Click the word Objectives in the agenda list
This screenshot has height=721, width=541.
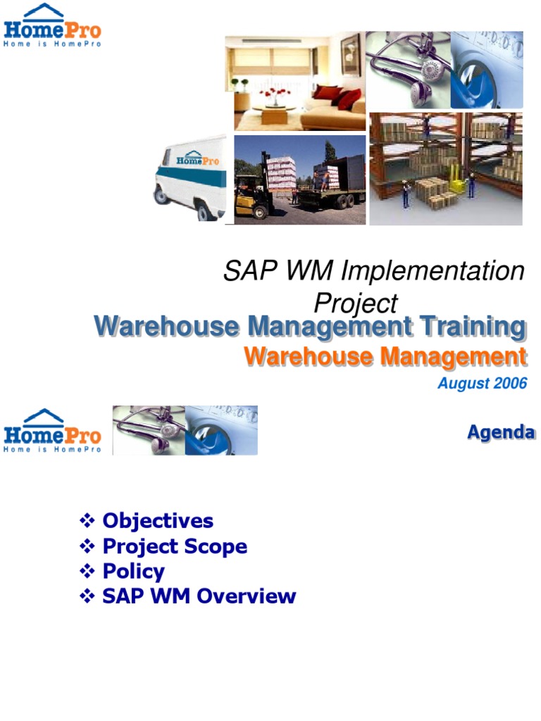158,521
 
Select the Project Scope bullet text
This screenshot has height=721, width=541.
175,546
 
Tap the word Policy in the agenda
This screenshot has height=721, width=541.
133,571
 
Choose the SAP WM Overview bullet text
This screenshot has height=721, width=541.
199,596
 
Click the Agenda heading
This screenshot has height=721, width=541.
501,432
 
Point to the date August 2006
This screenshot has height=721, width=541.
482,384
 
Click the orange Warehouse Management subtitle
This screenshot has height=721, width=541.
385,357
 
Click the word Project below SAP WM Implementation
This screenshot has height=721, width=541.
355,303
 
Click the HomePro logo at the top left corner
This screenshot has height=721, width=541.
52,25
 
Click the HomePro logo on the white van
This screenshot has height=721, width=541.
197,160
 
